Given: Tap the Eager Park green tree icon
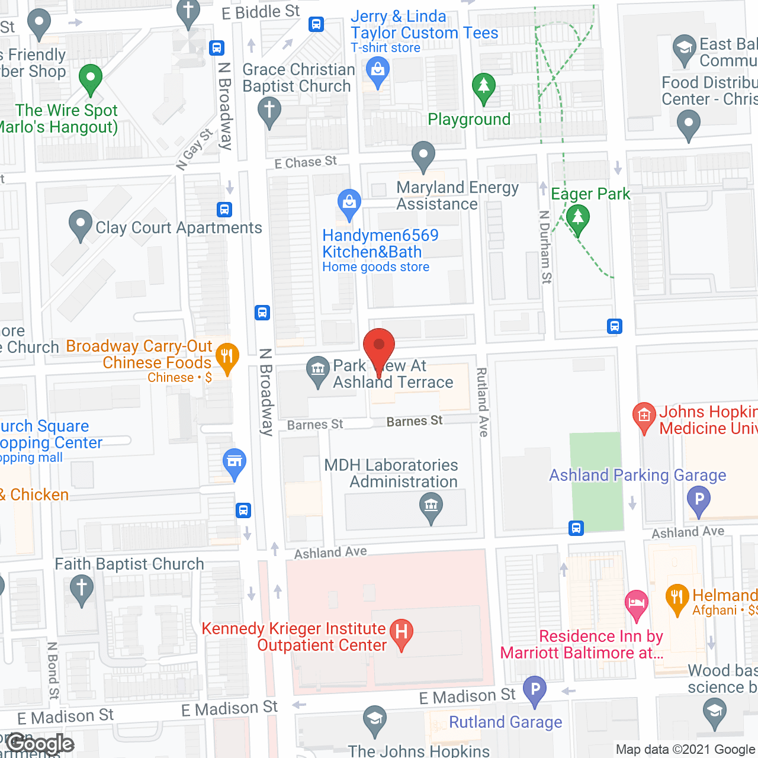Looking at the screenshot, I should pyautogui.click(x=578, y=219).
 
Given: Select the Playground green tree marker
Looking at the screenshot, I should pyautogui.click(x=484, y=88).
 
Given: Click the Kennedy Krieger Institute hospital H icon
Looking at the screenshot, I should pyautogui.click(x=402, y=633).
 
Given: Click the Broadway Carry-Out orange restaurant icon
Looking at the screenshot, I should pyautogui.click(x=227, y=357).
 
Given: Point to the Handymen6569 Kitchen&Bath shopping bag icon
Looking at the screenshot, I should pyautogui.click(x=349, y=204).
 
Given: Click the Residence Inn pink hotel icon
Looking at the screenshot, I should pyautogui.click(x=637, y=605).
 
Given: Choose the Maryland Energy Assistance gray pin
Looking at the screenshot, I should pyautogui.click(x=423, y=156).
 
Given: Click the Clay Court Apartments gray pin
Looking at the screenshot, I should pyautogui.click(x=81, y=226).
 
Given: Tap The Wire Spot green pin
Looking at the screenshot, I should pyautogui.click(x=91, y=78).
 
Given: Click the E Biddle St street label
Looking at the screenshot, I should pyautogui.click(x=261, y=12).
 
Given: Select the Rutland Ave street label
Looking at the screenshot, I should pyautogui.click(x=483, y=402).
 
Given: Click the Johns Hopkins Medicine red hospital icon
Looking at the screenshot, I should pyautogui.click(x=644, y=416).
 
